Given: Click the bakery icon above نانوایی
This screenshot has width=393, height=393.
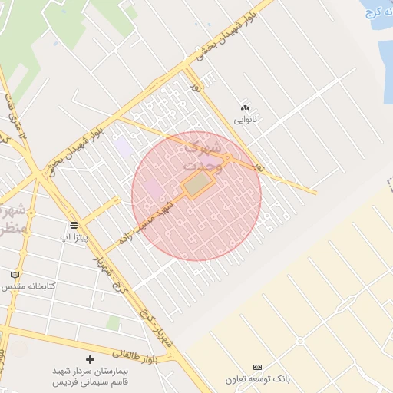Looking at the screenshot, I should tap(246, 107).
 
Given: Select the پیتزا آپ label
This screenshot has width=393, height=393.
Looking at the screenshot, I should tap(74, 237).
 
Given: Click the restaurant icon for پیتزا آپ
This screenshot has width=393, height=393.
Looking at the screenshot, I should tap(74, 225).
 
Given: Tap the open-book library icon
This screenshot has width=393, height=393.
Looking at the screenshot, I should tap(15, 275).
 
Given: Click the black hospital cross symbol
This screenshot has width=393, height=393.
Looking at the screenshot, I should tap(91, 359).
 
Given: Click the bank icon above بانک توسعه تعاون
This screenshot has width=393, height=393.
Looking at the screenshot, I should tap(257, 367).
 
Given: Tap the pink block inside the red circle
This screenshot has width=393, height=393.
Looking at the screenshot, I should tap(152, 187).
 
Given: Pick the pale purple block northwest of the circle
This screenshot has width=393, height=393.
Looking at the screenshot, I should tap(122, 145).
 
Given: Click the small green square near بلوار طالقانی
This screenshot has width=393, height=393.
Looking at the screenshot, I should tap(113, 323).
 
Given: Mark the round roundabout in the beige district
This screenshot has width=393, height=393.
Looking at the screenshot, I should tap(300, 341).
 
